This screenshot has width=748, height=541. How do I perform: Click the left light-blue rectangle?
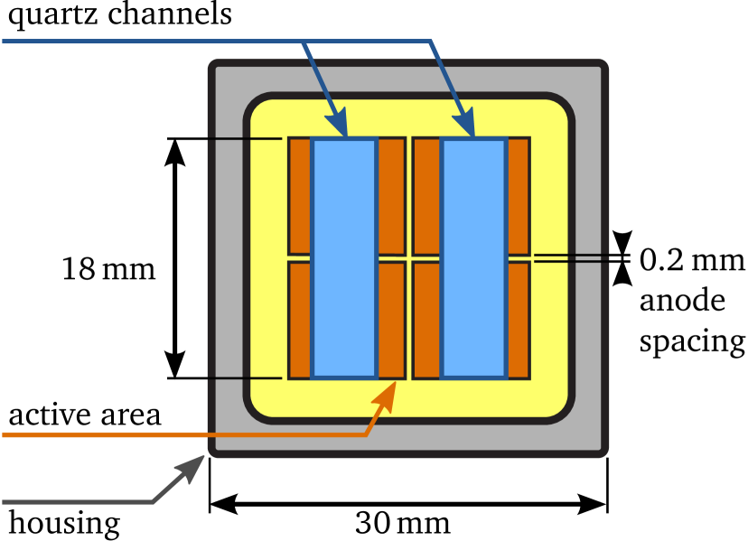(x=344, y=257)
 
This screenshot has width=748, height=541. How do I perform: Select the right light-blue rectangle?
(x=473, y=257)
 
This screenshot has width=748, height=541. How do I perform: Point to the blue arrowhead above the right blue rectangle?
(x=464, y=125)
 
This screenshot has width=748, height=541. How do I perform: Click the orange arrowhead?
(x=386, y=396)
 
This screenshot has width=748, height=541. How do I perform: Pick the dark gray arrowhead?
(x=192, y=467)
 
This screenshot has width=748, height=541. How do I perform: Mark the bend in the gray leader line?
(x=152, y=501)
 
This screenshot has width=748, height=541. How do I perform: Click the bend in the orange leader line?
(x=365, y=434)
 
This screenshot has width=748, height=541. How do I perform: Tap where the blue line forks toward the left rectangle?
(x=304, y=42)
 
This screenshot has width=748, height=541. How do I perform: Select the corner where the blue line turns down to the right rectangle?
(x=431, y=42)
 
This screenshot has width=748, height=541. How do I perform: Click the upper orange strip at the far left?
(x=300, y=195)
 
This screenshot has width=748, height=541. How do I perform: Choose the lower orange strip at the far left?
(x=300, y=320)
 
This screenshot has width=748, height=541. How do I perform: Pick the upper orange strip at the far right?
(x=518, y=195)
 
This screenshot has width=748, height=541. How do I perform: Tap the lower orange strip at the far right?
(x=518, y=320)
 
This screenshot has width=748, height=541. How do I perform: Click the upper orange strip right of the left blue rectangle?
(x=391, y=195)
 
